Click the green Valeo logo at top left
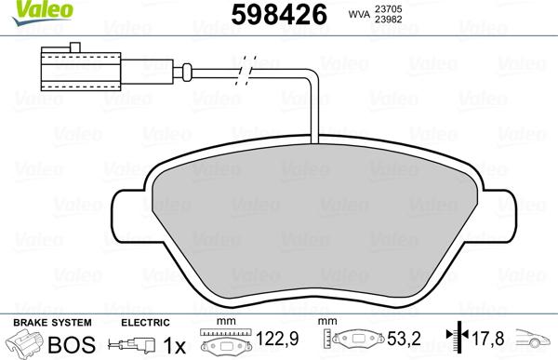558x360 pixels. (x=25, y=9)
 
